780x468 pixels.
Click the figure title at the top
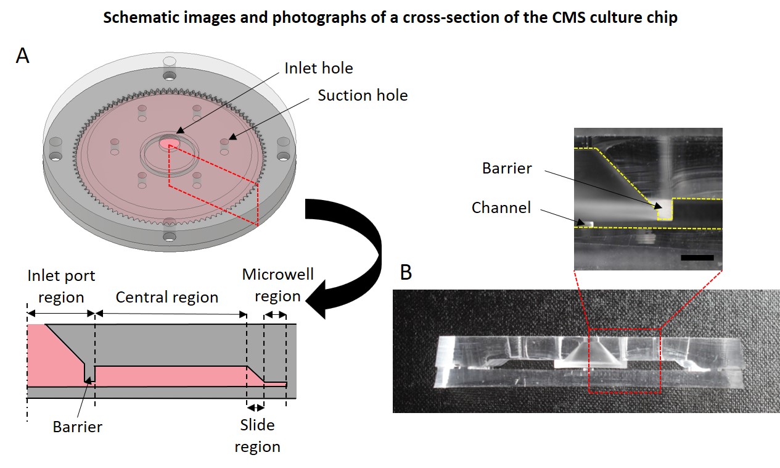pyautogui.click(x=390, y=17)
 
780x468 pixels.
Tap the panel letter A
pyautogui.click(x=23, y=56)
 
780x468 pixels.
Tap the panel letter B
pyautogui.click(x=406, y=272)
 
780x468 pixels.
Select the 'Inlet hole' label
pyautogui.click(x=318, y=67)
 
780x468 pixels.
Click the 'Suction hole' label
pyautogui.click(x=363, y=95)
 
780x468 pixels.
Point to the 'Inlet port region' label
pyautogui.click(x=61, y=286)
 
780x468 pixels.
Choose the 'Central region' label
pyautogui.click(x=167, y=297)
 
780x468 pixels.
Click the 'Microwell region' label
pyautogui.click(x=277, y=285)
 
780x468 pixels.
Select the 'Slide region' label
pyautogui.click(x=257, y=435)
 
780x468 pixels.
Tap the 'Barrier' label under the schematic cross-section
pyautogui.click(x=77, y=427)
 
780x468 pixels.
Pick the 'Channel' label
pyautogui.click(x=501, y=208)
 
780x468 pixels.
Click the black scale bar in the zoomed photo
pyautogui.click(x=697, y=257)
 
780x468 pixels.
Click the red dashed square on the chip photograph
pyautogui.click(x=624, y=361)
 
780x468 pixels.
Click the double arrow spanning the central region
pyautogui.click(x=171, y=314)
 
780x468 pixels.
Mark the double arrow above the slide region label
pyautogui.click(x=255, y=407)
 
